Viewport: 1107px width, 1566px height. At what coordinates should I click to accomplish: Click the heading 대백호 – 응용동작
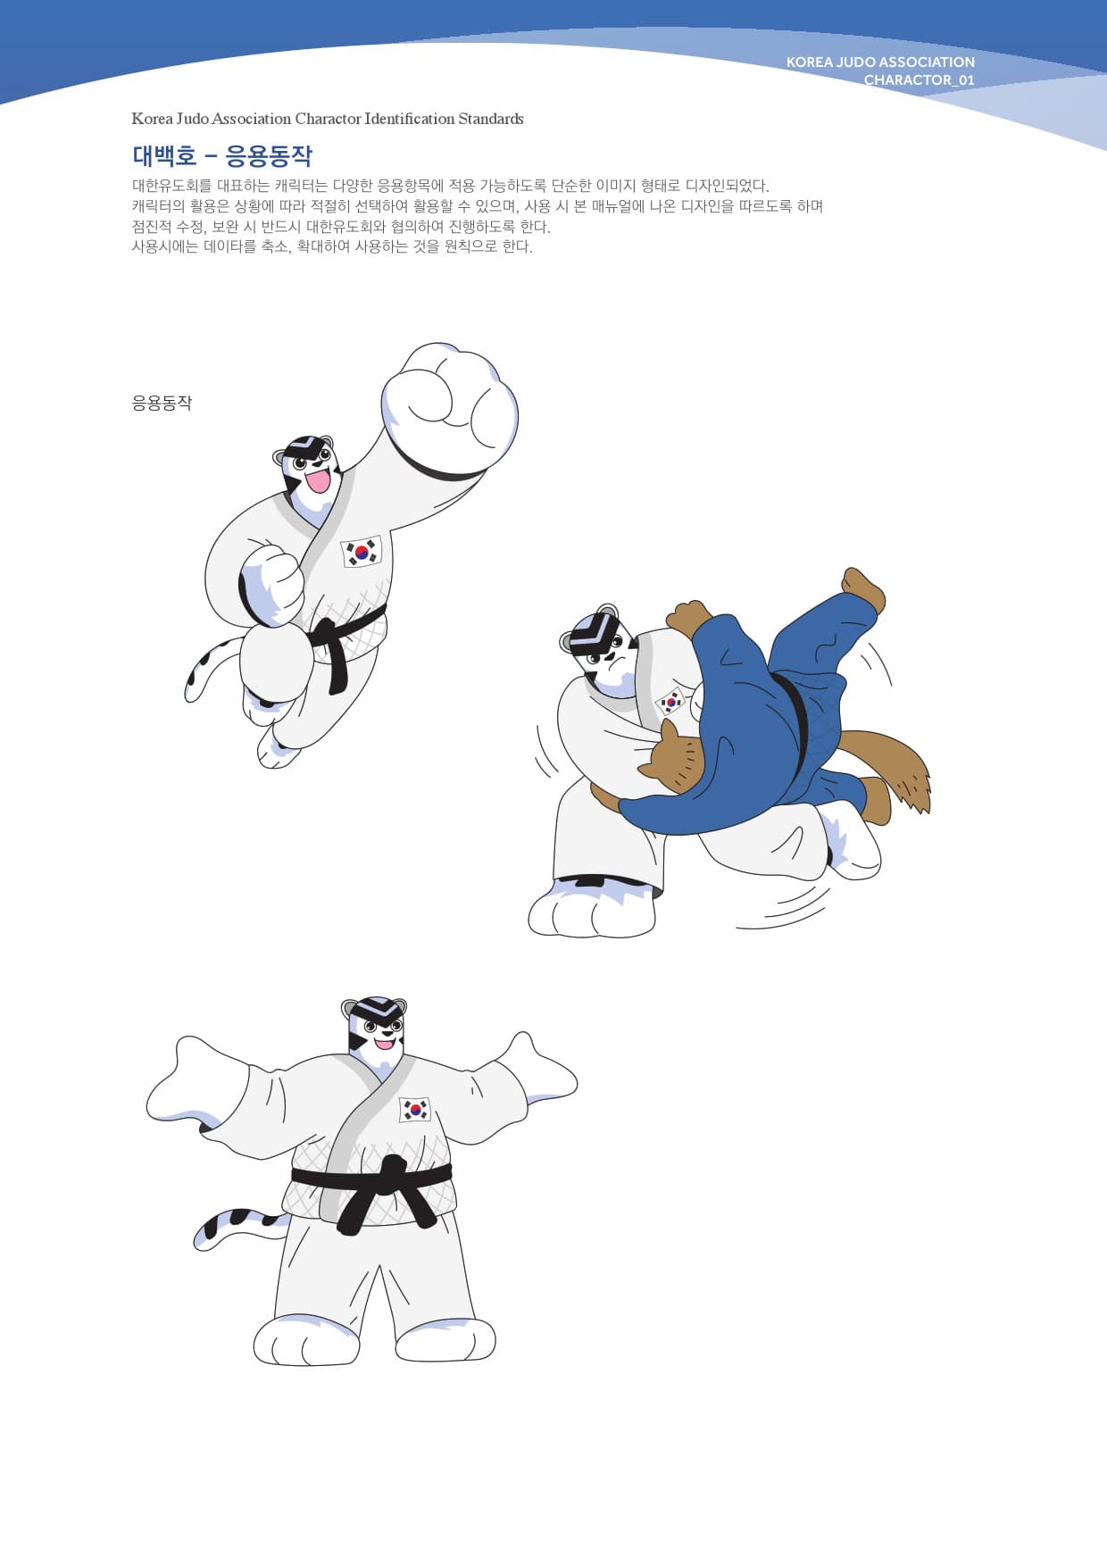pyautogui.click(x=222, y=156)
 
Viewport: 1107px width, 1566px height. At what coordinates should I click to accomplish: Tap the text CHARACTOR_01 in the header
pyautogui.click(x=919, y=80)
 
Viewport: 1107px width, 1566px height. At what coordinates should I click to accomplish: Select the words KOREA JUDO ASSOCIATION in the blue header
pyautogui.click(x=879, y=62)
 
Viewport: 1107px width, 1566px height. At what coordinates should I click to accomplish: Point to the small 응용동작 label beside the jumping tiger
pyautogui.click(x=162, y=403)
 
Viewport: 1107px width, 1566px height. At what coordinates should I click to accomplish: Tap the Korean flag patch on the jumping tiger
pyautogui.click(x=362, y=551)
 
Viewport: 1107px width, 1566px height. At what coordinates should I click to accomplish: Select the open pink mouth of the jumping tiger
pyautogui.click(x=318, y=482)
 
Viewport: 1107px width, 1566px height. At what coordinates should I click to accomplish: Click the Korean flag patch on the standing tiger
pyautogui.click(x=414, y=1109)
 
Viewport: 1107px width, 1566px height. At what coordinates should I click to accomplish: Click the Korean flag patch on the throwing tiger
pyautogui.click(x=670, y=702)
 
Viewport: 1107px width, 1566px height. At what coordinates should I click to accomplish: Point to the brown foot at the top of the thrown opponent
pyautogui.click(x=862, y=588)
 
